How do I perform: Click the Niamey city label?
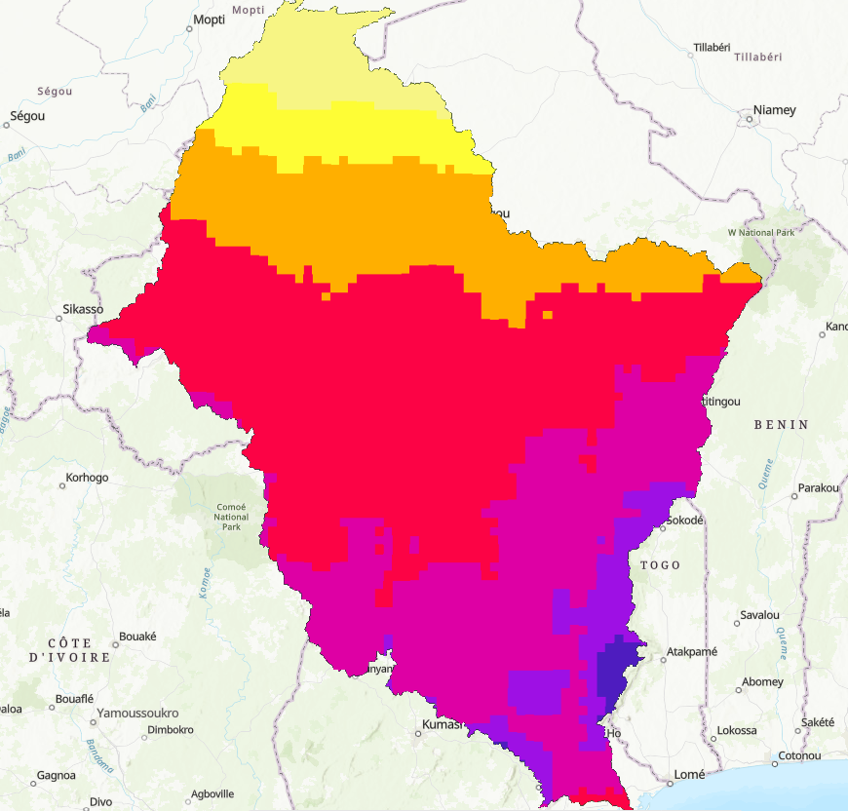click(x=773, y=110)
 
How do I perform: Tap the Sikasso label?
click(x=82, y=309)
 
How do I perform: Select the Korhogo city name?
click(x=86, y=478)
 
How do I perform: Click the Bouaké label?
click(x=137, y=637)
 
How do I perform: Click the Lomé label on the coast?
click(x=689, y=775)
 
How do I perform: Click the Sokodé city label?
click(x=684, y=521)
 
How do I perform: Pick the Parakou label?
click(x=817, y=487)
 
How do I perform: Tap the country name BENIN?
click(x=782, y=425)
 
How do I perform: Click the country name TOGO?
click(x=660, y=565)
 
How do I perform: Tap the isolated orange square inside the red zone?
click(x=548, y=315)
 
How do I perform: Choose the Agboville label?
click(x=212, y=792)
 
